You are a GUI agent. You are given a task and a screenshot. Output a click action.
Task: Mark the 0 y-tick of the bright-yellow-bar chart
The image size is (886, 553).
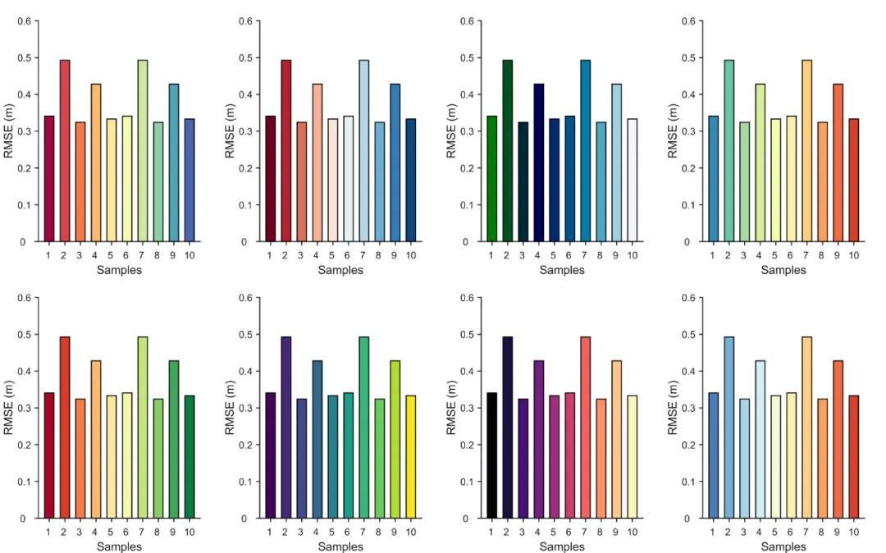tap(244, 519)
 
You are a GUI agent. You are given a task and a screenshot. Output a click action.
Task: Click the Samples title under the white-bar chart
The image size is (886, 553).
tap(562, 270)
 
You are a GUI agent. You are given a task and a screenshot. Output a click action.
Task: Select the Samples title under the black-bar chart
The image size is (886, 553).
tap(562, 546)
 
